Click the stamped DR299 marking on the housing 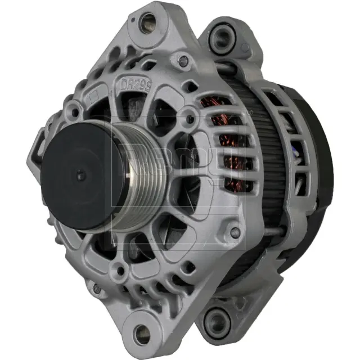(x=136, y=84)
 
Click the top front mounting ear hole (x=148, y=23)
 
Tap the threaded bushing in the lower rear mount (x=215, y=321)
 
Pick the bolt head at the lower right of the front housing (x=235, y=232)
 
